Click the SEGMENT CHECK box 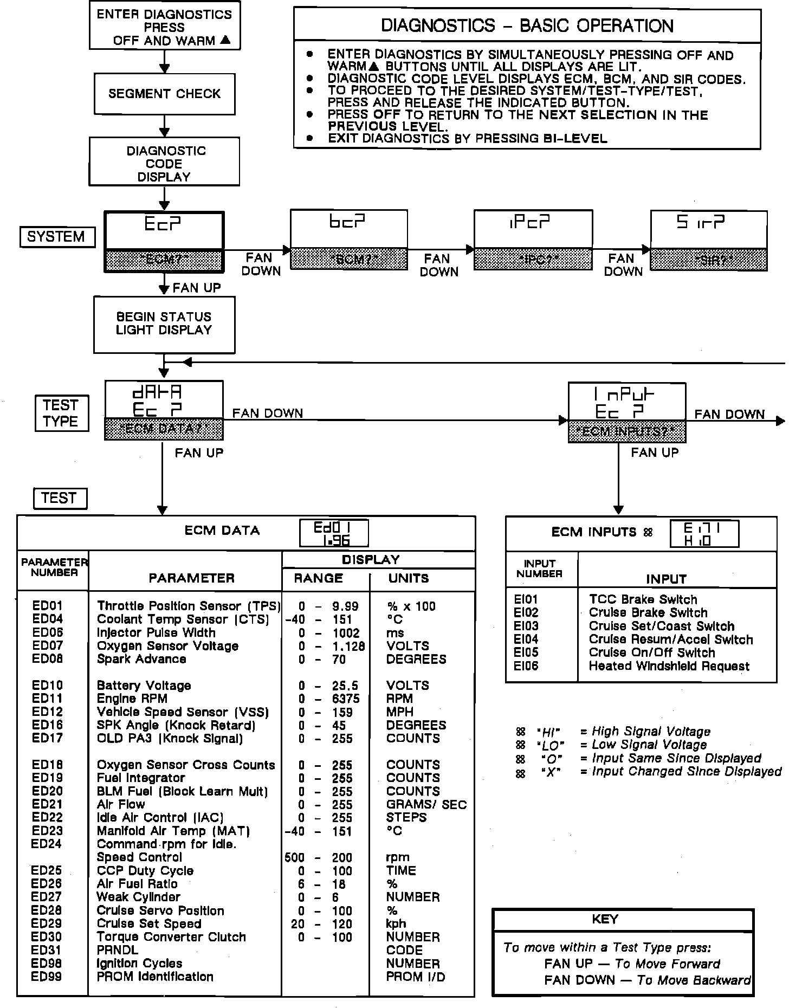click(164, 94)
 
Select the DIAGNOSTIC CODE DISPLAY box click(164, 163)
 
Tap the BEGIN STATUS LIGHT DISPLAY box click(164, 324)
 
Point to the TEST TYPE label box click(61, 413)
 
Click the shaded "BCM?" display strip click(349, 259)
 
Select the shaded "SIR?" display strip click(709, 260)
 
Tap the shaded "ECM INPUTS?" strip click(627, 432)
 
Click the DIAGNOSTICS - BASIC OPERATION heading click(527, 25)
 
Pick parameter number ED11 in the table click(47, 699)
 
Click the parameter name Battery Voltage click(144, 686)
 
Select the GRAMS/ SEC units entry click(426, 805)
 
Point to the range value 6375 click(346, 699)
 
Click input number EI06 click(526, 666)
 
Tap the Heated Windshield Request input click(669, 666)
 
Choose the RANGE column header click(319, 578)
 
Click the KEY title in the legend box click(605, 919)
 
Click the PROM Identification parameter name click(155, 977)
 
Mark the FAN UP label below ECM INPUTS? click(655, 453)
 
